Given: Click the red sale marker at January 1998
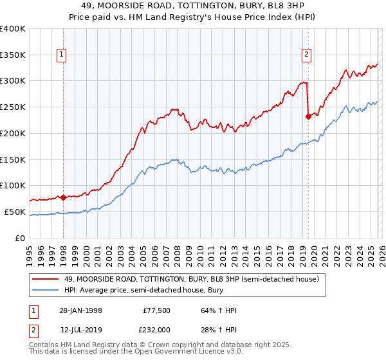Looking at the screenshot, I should coord(63,197).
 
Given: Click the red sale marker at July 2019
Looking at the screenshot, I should coord(308,116).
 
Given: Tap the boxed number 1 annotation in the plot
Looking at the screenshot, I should coord(62,55).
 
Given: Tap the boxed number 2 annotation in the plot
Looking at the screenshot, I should coord(307,55).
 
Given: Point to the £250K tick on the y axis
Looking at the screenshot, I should coord(13,107).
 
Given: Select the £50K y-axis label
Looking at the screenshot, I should coord(15,212).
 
